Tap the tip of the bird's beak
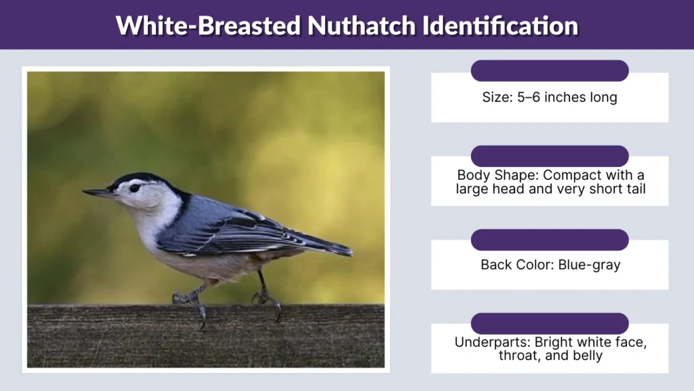point(85,192)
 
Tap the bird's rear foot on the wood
point(268,299)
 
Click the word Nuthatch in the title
point(361,26)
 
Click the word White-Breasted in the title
point(208,26)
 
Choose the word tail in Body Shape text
point(632,189)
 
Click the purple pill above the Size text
point(550,71)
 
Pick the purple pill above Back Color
point(550,240)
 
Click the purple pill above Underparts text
point(550,323)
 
